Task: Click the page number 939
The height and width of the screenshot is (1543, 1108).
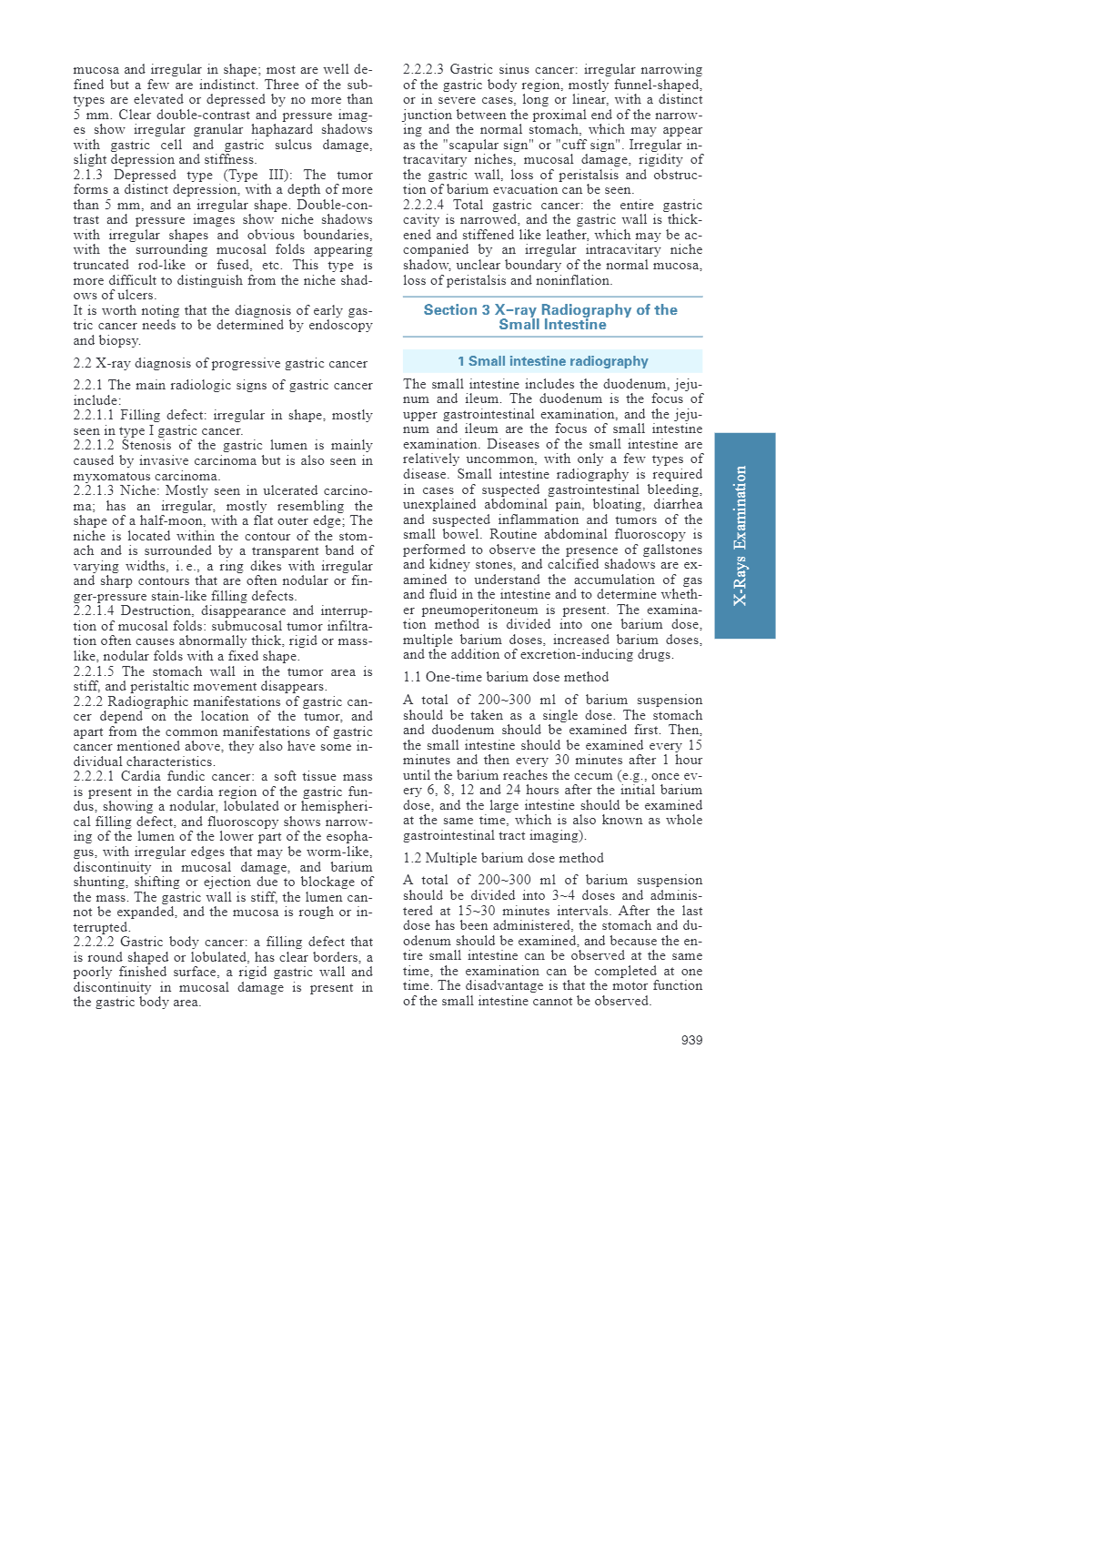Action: (691, 1040)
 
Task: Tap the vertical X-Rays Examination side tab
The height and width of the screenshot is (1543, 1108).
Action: (744, 536)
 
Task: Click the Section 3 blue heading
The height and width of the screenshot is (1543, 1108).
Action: (551, 317)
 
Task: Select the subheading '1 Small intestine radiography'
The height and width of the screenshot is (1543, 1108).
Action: (552, 361)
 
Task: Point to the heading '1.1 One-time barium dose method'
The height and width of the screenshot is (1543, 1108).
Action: (506, 677)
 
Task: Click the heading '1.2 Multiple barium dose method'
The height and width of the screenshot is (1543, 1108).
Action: (503, 858)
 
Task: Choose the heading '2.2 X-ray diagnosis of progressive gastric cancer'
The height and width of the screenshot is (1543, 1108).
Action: (220, 363)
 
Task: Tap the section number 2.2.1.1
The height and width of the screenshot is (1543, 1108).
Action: (94, 415)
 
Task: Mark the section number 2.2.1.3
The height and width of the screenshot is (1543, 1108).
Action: (94, 490)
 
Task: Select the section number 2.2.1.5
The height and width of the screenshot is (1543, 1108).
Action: (94, 671)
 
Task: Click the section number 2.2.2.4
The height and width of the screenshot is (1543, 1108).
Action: (424, 205)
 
